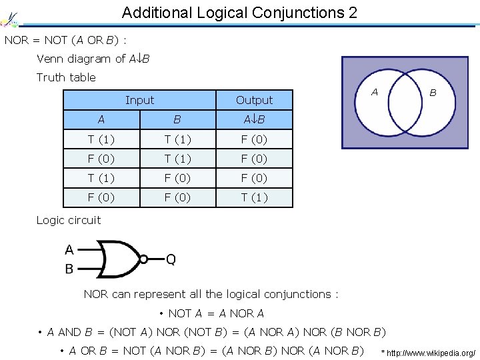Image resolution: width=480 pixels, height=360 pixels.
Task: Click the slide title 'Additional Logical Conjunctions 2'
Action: point(239,13)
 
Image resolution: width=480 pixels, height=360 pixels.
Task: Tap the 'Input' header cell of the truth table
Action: point(139,100)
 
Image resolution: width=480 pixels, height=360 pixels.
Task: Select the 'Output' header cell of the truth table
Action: point(254,100)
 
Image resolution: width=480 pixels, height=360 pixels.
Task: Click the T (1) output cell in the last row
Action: point(254,198)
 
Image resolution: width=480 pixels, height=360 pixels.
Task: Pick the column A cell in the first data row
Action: point(101,139)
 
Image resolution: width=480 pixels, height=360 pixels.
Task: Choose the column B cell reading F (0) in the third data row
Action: point(177,178)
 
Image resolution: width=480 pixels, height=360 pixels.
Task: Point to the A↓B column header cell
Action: point(254,120)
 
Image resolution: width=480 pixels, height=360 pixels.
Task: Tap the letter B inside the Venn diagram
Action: point(433,93)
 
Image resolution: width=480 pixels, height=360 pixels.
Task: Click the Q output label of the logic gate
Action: point(171,259)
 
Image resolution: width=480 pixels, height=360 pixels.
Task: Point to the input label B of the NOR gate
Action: point(69,269)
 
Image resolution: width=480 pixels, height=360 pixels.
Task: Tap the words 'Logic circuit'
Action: point(69,220)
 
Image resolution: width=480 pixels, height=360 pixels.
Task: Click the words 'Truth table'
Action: point(66,77)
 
